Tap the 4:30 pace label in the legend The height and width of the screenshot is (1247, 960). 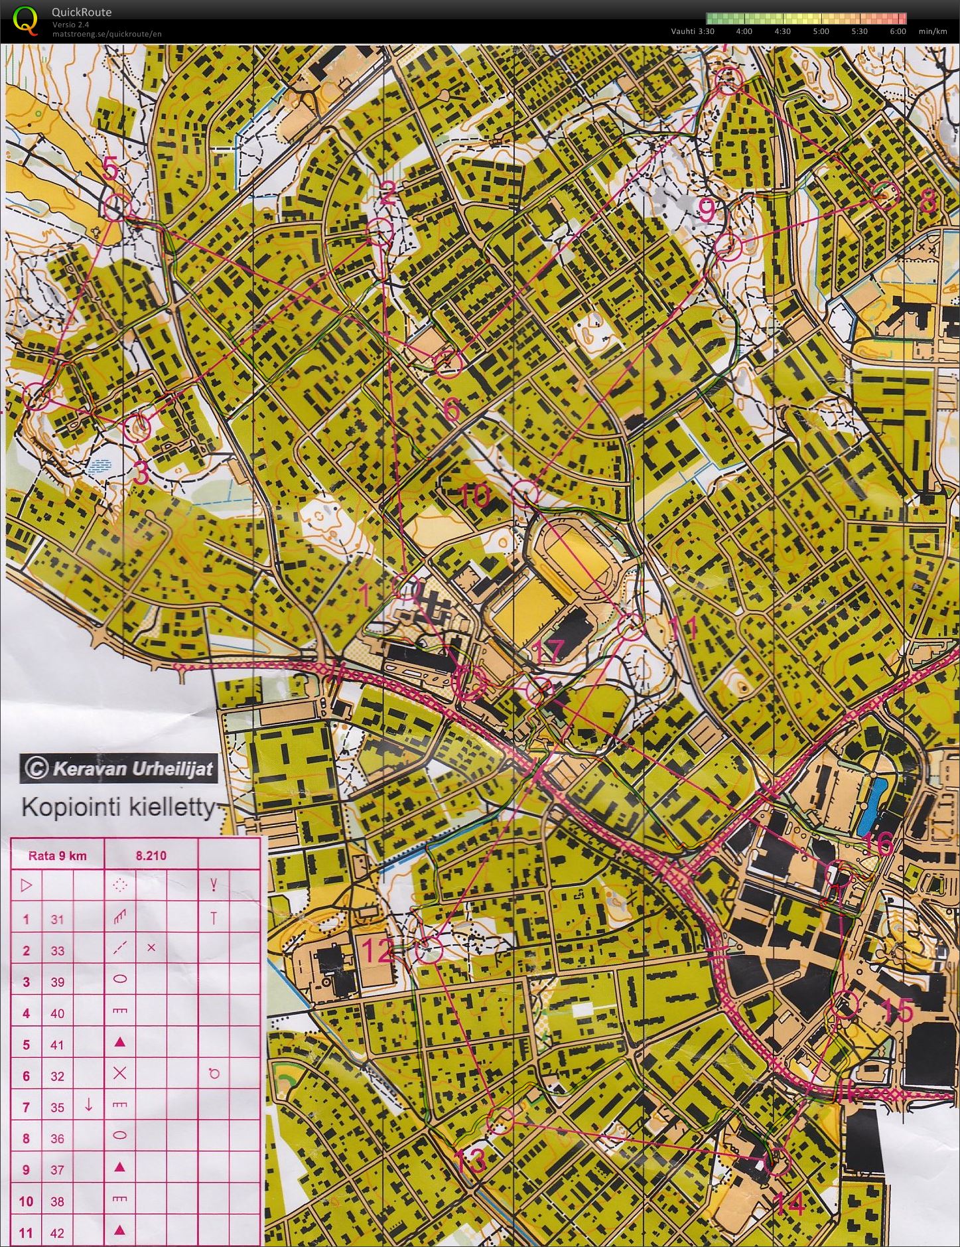coord(783,31)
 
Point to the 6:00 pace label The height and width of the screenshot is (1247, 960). coord(898,31)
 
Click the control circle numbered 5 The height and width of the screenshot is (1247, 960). coord(117,207)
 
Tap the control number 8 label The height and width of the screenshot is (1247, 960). coord(928,201)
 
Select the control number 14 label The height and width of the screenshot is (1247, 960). coord(789,1203)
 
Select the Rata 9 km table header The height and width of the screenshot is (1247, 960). coord(58,855)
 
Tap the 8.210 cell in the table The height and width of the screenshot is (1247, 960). coord(151,855)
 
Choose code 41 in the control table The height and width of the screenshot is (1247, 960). coord(58,1045)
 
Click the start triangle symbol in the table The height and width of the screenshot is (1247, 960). coord(27,885)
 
